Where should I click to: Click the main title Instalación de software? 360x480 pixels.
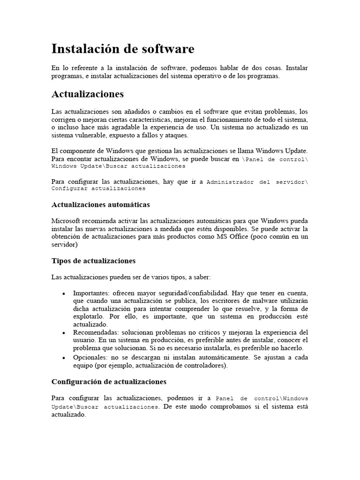coord(122,49)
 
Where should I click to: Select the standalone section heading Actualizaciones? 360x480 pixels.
coord(88,94)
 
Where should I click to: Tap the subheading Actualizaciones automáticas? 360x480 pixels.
coord(100,205)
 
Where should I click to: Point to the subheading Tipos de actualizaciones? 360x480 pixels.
coord(93,260)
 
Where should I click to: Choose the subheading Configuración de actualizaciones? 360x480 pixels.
coord(109,382)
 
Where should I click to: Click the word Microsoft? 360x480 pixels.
coord(66,221)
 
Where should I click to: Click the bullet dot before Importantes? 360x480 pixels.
coord(63,293)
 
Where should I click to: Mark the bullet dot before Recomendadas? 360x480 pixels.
coord(63,332)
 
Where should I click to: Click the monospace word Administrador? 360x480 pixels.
coord(229,182)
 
